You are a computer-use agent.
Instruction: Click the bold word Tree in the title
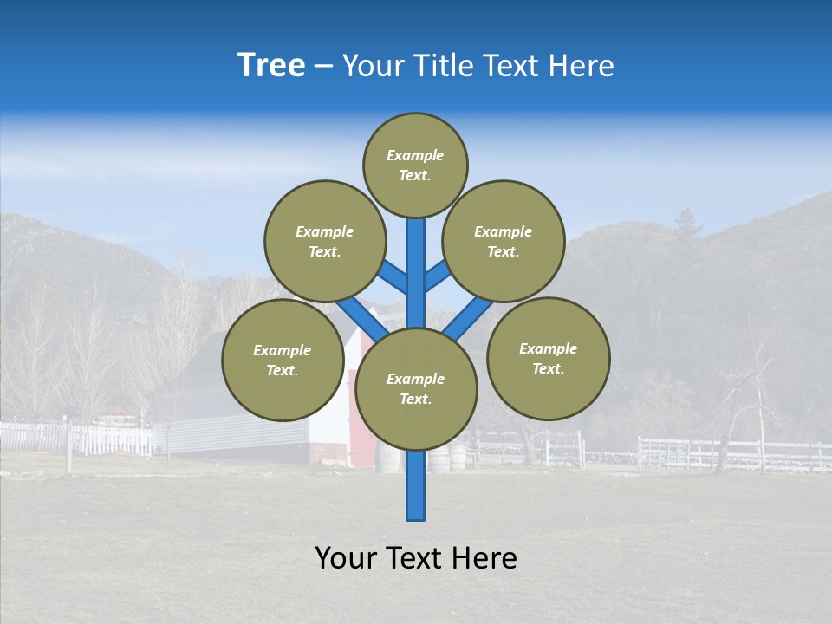pos(271,66)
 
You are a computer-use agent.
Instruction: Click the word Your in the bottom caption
pos(347,558)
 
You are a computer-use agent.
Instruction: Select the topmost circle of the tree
pos(415,165)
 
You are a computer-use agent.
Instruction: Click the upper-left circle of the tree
pos(324,241)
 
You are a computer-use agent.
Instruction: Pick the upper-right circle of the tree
pos(504,241)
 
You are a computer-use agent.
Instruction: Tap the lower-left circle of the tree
pos(283,360)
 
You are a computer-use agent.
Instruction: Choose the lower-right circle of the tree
pos(549,358)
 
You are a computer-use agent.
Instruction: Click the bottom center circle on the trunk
pos(416,388)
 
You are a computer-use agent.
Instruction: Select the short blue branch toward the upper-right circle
pos(437,276)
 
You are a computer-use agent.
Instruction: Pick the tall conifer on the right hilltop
pos(687,223)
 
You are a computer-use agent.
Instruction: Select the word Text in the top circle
pos(414,175)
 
